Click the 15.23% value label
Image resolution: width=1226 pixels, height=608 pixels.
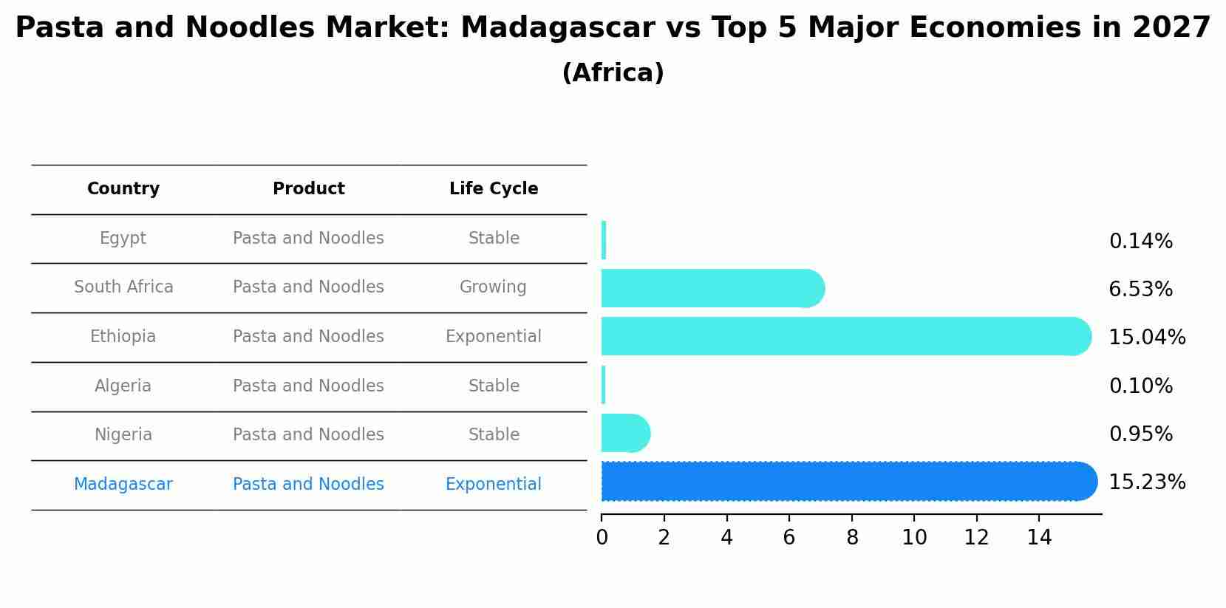pyautogui.click(x=1146, y=482)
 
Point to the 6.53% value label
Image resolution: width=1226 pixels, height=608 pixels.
pyautogui.click(x=1140, y=290)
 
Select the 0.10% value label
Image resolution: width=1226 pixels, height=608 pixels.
pyautogui.click(x=1140, y=386)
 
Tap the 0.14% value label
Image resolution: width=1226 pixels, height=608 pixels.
pyautogui.click(x=1140, y=242)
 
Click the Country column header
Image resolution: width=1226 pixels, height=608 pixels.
pyautogui.click(x=123, y=189)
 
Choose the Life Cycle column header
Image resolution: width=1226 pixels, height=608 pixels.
pyautogui.click(x=494, y=189)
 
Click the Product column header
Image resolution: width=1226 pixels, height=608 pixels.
pyautogui.click(x=308, y=189)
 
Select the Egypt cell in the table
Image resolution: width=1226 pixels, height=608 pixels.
pyautogui.click(x=123, y=239)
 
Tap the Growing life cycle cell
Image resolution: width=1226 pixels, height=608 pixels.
pyautogui.click(x=493, y=287)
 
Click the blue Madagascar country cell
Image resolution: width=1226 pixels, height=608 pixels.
pyautogui.click(x=123, y=485)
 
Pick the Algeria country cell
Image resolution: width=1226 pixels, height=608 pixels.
pyautogui.click(x=123, y=386)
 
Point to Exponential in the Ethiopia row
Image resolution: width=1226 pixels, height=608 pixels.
pyautogui.click(x=493, y=337)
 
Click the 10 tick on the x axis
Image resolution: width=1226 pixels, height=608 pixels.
pyautogui.click(x=914, y=538)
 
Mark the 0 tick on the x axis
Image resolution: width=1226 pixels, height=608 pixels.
pyautogui.click(x=602, y=538)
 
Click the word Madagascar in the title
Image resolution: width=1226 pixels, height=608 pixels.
pyautogui.click(x=556, y=28)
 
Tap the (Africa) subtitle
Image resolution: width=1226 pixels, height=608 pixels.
pyautogui.click(x=613, y=73)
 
